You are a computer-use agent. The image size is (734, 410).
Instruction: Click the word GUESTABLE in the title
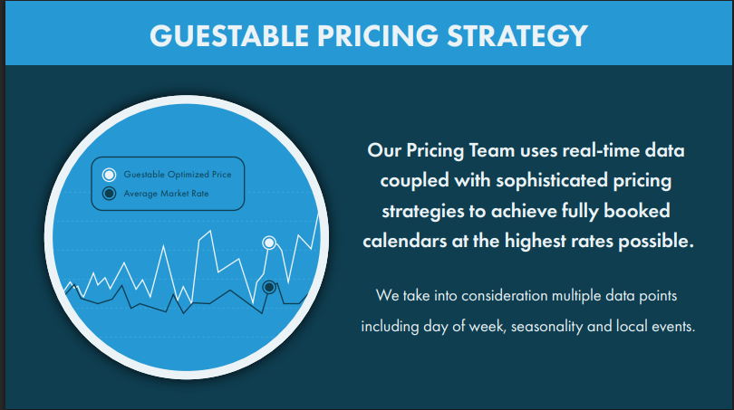pos(229,35)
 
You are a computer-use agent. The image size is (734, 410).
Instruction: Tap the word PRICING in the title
pos(378,35)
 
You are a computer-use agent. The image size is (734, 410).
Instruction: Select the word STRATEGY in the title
pos(517,35)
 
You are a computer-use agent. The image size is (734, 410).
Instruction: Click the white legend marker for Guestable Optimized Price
pos(109,175)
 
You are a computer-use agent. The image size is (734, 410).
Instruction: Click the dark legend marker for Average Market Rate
pos(109,193)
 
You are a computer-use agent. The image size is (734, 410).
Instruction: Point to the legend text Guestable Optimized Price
pos(178,175)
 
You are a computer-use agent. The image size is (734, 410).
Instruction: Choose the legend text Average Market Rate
pos(166,193)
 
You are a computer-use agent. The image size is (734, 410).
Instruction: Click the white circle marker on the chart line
pos(269,243)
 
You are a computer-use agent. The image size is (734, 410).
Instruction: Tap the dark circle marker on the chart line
pos(269,287)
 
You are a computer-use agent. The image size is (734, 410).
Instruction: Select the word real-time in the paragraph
pos(601,150)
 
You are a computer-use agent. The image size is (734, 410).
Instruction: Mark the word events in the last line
pos(673,327)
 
